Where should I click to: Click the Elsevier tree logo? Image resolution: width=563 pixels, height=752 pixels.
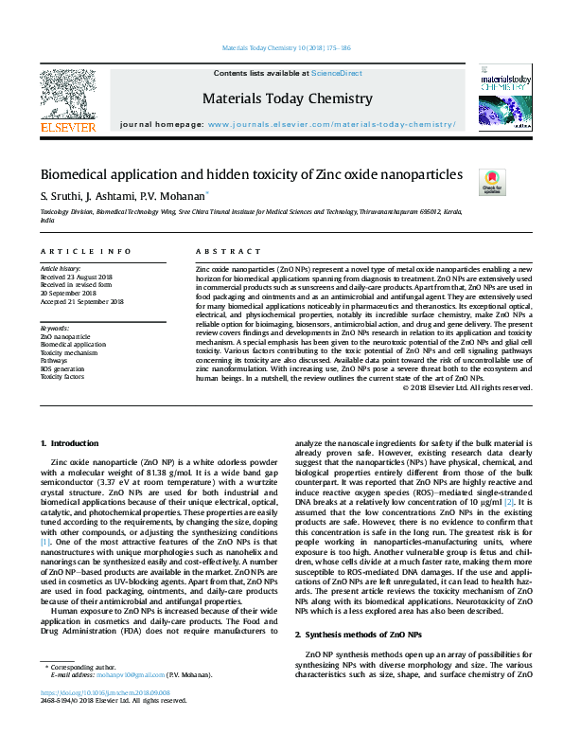click(x=67, y=98)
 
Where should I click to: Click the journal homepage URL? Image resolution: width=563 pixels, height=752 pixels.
click(x=330, y=125)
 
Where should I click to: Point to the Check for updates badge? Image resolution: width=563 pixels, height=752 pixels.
click(x=492, y=181)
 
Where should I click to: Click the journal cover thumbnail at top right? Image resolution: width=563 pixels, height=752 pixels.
click(x=502, y=97)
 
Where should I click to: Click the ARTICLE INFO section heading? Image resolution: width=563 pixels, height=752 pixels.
click(x=85, y=251)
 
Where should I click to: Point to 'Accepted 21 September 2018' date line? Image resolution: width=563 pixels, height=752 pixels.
click(x=82, y=301)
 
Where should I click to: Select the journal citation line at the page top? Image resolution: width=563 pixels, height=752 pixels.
click(x=281, y=46)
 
